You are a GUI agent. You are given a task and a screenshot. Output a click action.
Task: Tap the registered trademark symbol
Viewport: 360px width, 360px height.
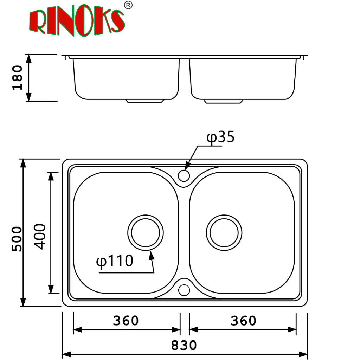(128, 5)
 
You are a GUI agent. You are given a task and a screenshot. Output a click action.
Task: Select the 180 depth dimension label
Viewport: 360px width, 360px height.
(18, 78)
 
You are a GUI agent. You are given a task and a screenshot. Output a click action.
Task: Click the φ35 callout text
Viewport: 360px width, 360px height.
(220, 137)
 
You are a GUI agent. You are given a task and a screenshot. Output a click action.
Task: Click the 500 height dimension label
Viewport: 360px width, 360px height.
(17, 239)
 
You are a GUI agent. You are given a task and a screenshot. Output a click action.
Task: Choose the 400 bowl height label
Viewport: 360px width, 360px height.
(40, 237)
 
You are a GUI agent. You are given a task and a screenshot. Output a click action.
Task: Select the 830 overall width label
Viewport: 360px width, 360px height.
(184, 345)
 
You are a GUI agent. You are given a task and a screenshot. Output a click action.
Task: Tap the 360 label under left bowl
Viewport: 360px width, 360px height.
(126, 321)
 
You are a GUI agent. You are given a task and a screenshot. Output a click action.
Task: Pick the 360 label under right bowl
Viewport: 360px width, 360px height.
(243, 321)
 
